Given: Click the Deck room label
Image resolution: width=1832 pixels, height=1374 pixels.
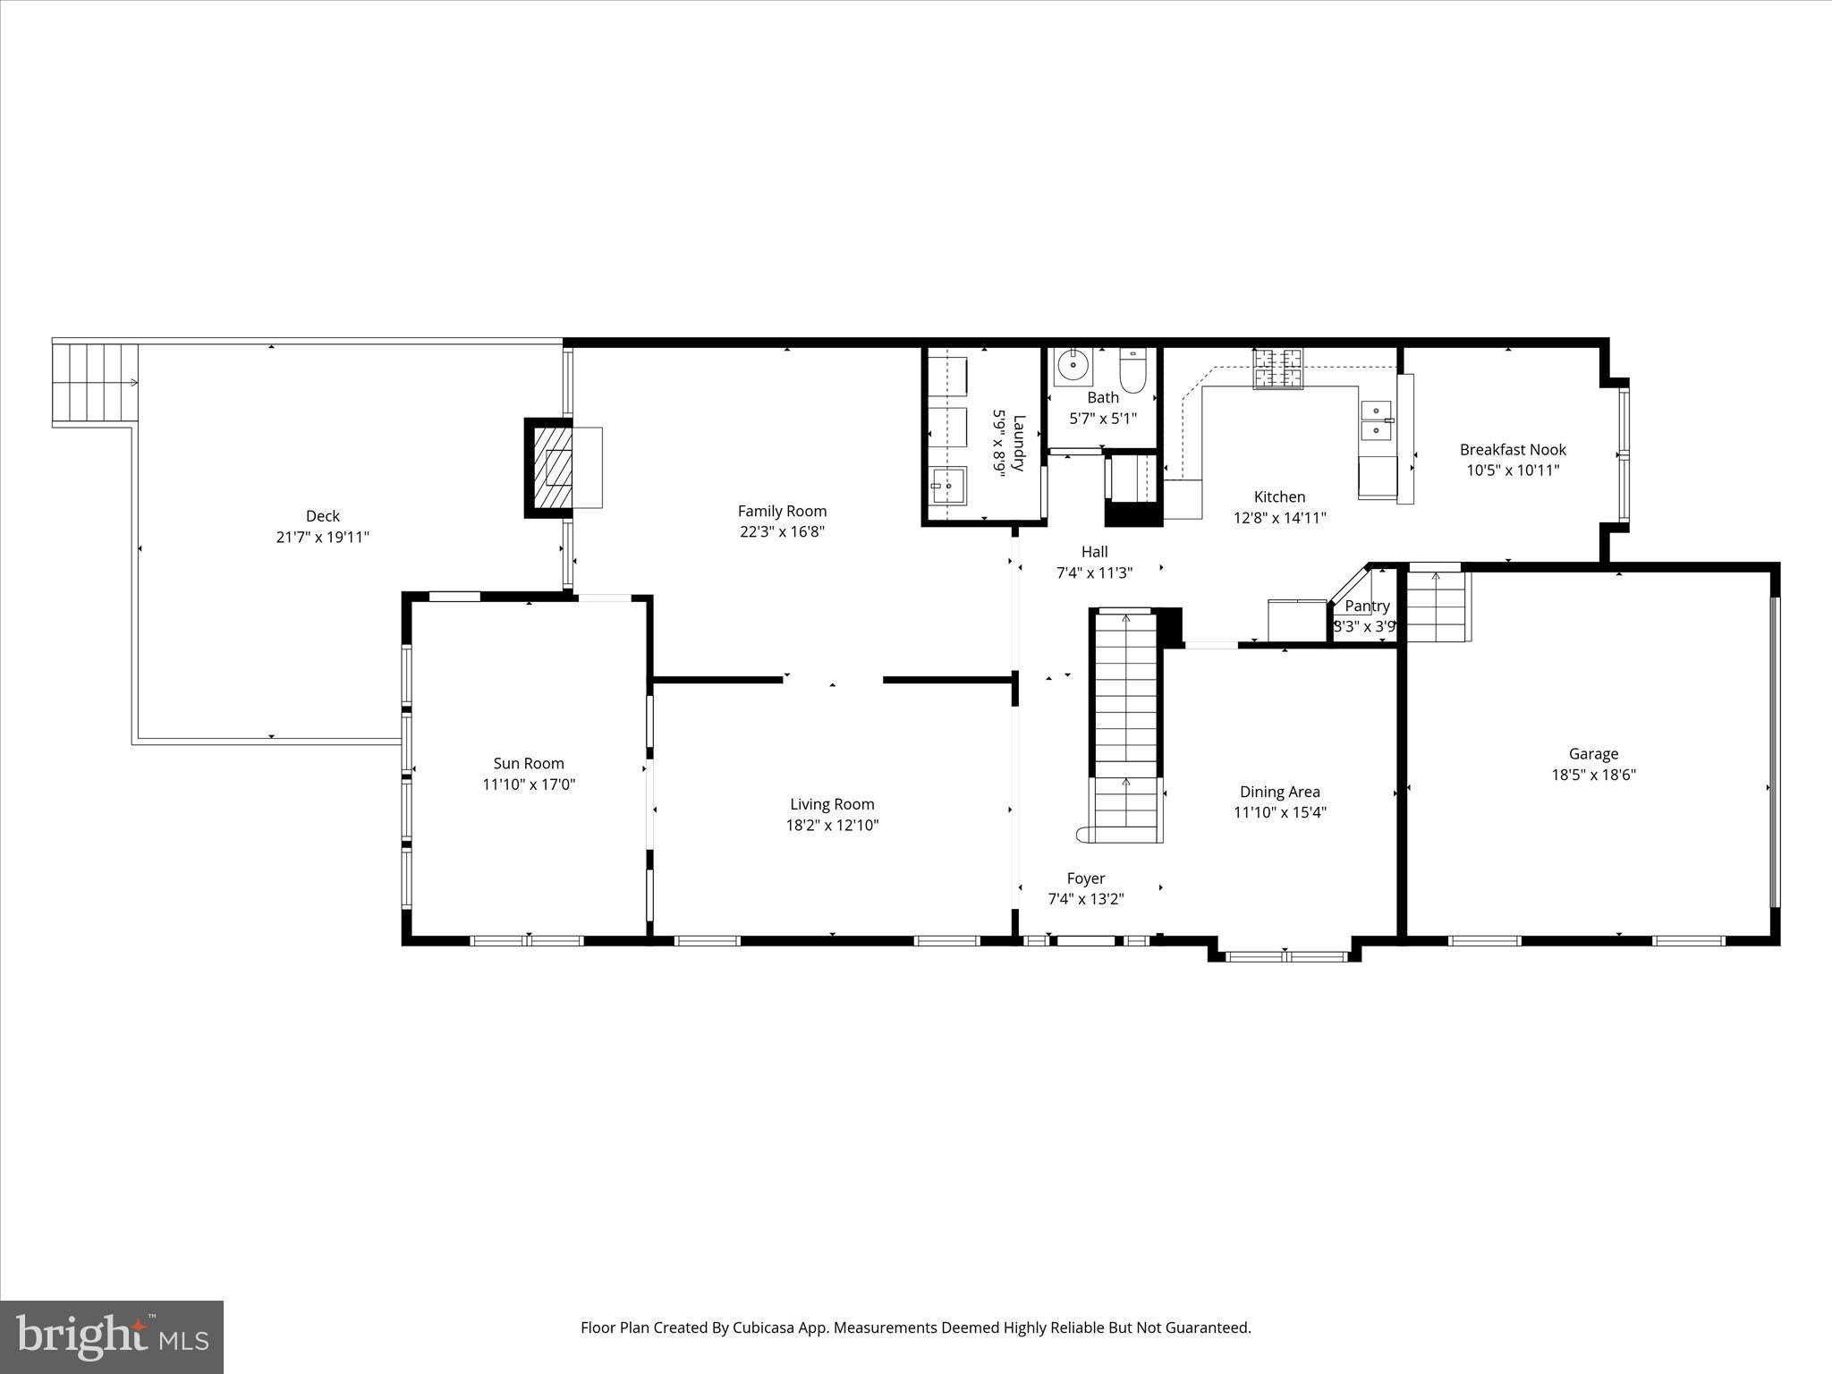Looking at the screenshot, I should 323,516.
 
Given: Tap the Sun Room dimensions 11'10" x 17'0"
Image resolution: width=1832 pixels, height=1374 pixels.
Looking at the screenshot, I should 529,785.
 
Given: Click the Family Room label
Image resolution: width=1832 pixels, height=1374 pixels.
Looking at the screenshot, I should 782,511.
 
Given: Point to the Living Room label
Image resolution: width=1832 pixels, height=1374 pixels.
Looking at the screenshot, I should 832,804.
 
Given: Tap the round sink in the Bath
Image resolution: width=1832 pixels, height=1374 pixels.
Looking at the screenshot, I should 1072,365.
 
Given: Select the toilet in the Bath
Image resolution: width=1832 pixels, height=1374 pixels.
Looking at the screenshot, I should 1132,372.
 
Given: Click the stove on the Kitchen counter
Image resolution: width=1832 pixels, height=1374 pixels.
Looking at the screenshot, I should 1277,369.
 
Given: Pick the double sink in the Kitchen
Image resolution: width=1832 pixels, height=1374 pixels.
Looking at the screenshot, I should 1377,421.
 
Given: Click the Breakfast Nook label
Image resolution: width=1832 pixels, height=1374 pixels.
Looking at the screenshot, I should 1513,450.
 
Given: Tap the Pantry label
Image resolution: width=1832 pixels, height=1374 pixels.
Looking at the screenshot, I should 1367,606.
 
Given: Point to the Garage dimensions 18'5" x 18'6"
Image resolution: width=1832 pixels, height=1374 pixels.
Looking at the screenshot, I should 1593,776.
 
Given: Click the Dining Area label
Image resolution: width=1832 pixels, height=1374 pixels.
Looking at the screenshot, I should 1279,792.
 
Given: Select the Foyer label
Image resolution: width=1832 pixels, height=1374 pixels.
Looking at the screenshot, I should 1085,878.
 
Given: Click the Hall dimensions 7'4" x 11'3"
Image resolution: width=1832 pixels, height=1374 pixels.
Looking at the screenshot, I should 1094,573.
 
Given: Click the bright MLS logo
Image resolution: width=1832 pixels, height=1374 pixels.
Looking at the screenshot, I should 112,1336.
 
